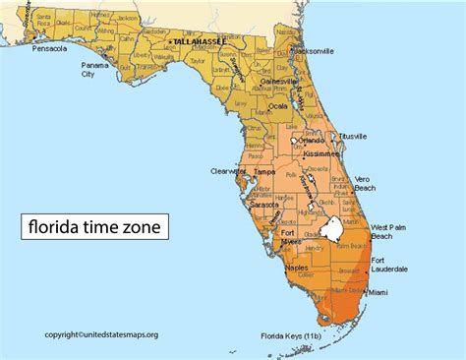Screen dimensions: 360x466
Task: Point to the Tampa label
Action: [x=264, y=172]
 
